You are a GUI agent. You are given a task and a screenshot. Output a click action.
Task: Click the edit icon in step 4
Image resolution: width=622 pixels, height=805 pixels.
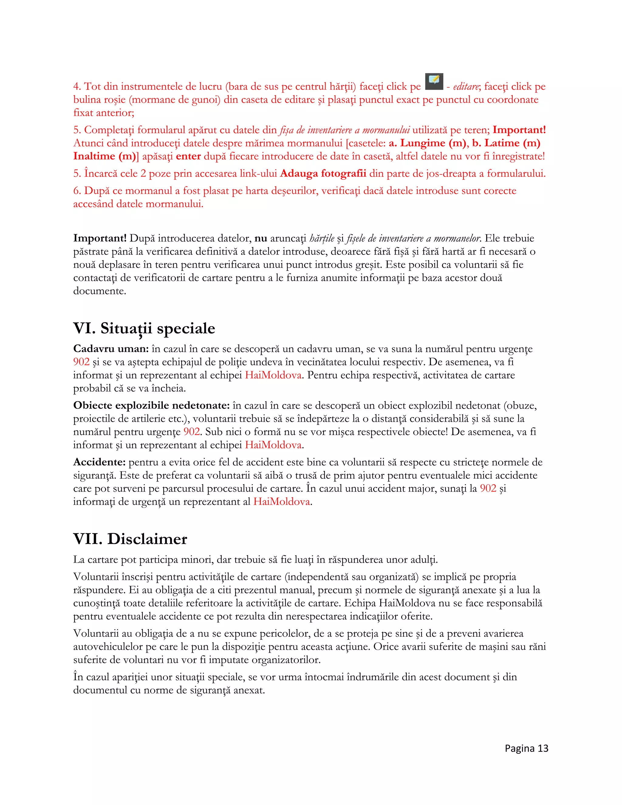pos(434,81)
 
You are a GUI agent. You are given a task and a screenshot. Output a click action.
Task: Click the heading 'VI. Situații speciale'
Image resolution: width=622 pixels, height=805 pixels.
pos(144,328)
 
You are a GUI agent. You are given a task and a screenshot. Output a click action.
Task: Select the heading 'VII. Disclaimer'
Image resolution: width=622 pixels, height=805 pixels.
pos(130,539)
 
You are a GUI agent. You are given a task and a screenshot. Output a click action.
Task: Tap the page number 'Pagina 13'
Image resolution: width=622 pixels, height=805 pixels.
pos(526,748)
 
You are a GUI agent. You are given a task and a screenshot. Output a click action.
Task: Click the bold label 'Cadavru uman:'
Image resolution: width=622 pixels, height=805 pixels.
pos(111,349)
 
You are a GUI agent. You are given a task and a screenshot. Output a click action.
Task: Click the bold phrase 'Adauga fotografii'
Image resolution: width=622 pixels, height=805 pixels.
pos(323,173)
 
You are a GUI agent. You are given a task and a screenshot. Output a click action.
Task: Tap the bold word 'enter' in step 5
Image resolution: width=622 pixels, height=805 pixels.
pos(188,156)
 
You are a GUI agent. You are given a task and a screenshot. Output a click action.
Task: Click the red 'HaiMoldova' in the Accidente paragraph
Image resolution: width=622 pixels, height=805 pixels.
pos(282,502)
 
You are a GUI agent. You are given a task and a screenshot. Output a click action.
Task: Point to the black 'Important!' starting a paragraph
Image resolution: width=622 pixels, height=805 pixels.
pos(100,238)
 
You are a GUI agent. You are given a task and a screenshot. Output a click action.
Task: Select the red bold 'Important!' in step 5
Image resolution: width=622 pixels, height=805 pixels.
pos(519,130)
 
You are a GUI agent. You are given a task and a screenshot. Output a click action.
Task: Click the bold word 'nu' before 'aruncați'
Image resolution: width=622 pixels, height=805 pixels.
pos(261,238)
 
